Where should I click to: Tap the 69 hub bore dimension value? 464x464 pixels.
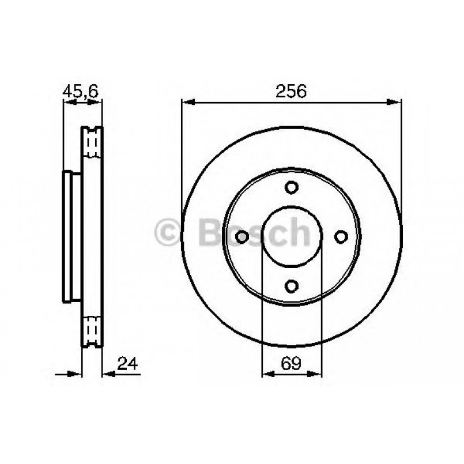[x=291, y=363]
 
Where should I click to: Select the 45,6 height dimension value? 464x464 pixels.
[x=81, y=90]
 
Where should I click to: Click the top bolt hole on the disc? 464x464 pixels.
[x=292, y=187]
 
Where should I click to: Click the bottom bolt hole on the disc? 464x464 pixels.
[x=292, y=285]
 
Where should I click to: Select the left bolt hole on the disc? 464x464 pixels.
[x=243, y=236]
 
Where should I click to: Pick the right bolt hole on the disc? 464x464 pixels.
[x=341, y=236]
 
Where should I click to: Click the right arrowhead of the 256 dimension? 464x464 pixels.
[x=397, y=103]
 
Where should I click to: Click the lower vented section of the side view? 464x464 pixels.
[x=92, y=331]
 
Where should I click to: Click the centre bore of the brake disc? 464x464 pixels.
[x=292, y=236]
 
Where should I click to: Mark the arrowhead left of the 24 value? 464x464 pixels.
[x=108, y=375]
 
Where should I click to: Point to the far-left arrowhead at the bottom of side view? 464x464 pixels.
[x=76, y=375]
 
